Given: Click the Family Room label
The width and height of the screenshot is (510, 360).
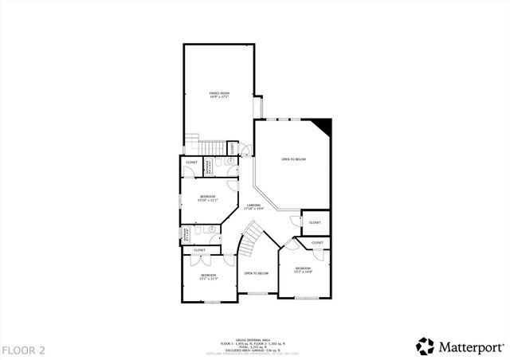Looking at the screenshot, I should click(x=219, y=96).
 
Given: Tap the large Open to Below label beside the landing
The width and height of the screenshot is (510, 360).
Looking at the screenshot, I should click(x=293, y=159).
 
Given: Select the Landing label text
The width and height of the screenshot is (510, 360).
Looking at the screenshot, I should click(x=254, y=206).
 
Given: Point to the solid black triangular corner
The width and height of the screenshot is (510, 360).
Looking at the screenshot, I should click(x=322, y=125).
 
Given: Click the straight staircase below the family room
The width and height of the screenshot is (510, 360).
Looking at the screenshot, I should click(x=212, y=148).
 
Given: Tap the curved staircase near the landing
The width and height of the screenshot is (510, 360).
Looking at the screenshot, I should click(x=254, y=235).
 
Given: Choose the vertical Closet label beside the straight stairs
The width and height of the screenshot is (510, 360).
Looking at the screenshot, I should click(x=232, y=148).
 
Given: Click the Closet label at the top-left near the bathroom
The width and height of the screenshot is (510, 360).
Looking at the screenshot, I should click(x=191, y=162).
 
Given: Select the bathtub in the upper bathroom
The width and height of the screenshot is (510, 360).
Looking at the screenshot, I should click(x=209, y=167).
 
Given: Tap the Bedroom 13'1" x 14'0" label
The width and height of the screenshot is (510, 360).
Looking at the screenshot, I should click(x=304, y=269).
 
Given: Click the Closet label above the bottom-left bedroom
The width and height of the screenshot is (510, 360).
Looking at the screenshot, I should click(x=199, y=250).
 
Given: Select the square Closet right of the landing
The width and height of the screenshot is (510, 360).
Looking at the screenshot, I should click(x=316, y=222).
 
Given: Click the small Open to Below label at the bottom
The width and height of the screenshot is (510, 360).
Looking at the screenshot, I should click(x=256, y=273).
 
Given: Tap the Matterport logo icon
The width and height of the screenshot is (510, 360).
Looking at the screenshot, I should click(x=425, y=346).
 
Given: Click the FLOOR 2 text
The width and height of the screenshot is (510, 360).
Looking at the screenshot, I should click(x=24, y=350).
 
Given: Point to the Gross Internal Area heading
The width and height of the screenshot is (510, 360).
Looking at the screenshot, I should click(x=255, y=339).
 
